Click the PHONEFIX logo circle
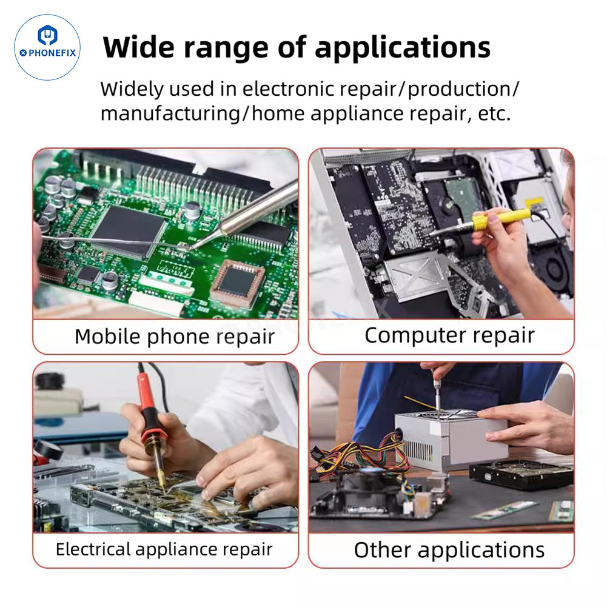[47, 47]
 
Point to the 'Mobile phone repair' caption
[175, 336]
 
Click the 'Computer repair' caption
[449, 335]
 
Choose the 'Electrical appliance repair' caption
[164, 549]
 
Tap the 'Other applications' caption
[449, 549]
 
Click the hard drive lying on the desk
[521, 474]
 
